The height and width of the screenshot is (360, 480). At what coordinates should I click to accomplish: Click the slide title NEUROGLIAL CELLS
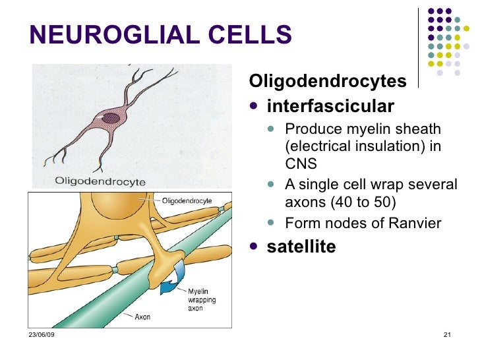(160, 35)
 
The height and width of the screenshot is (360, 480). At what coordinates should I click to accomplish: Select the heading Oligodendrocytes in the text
(327, 82)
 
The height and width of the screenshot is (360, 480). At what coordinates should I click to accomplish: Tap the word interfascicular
(330, 106)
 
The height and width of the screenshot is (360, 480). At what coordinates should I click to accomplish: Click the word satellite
(301, 247)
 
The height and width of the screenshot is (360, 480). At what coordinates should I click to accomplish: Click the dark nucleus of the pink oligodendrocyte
(111, 119)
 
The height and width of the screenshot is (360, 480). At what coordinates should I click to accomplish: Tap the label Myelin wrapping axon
(201, 300)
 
